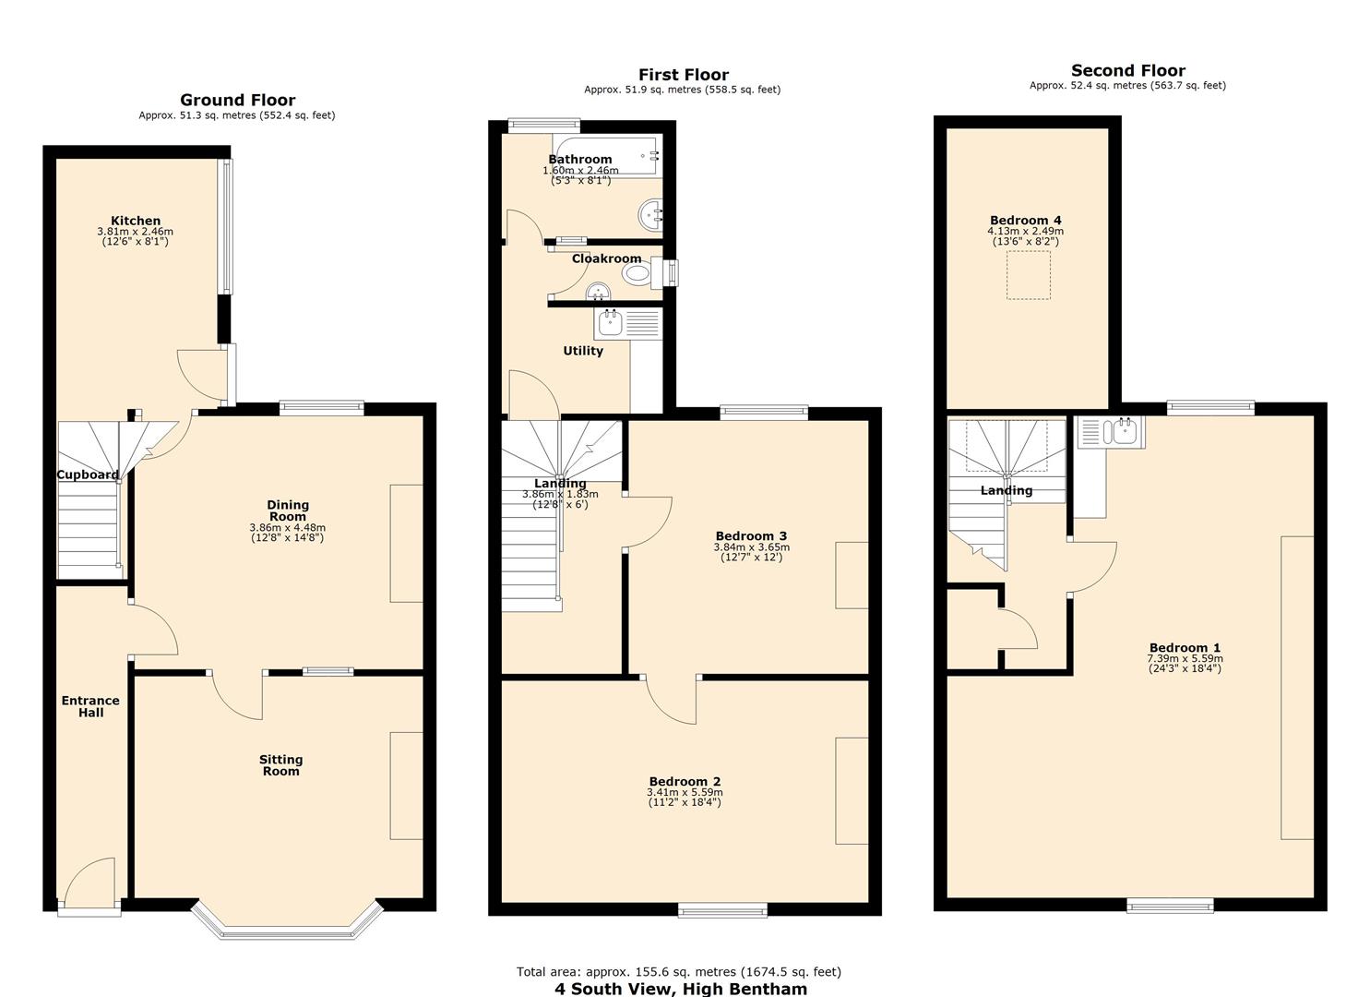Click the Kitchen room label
point(136,221)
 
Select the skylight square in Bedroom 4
point(1028,276)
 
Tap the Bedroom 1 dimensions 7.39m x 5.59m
point(1185,659)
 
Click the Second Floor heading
point(1127,70)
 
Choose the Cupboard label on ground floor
point(88,475)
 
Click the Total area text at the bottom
point(678,971)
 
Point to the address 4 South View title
point(680,989)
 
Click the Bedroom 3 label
point(751,536)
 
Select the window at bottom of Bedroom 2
point(722,910)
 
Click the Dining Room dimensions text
point(287,533)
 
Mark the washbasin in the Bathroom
point(651,216)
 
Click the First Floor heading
point(683,75)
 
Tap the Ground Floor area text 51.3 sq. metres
point(236,115)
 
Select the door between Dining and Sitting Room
point(238,694)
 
